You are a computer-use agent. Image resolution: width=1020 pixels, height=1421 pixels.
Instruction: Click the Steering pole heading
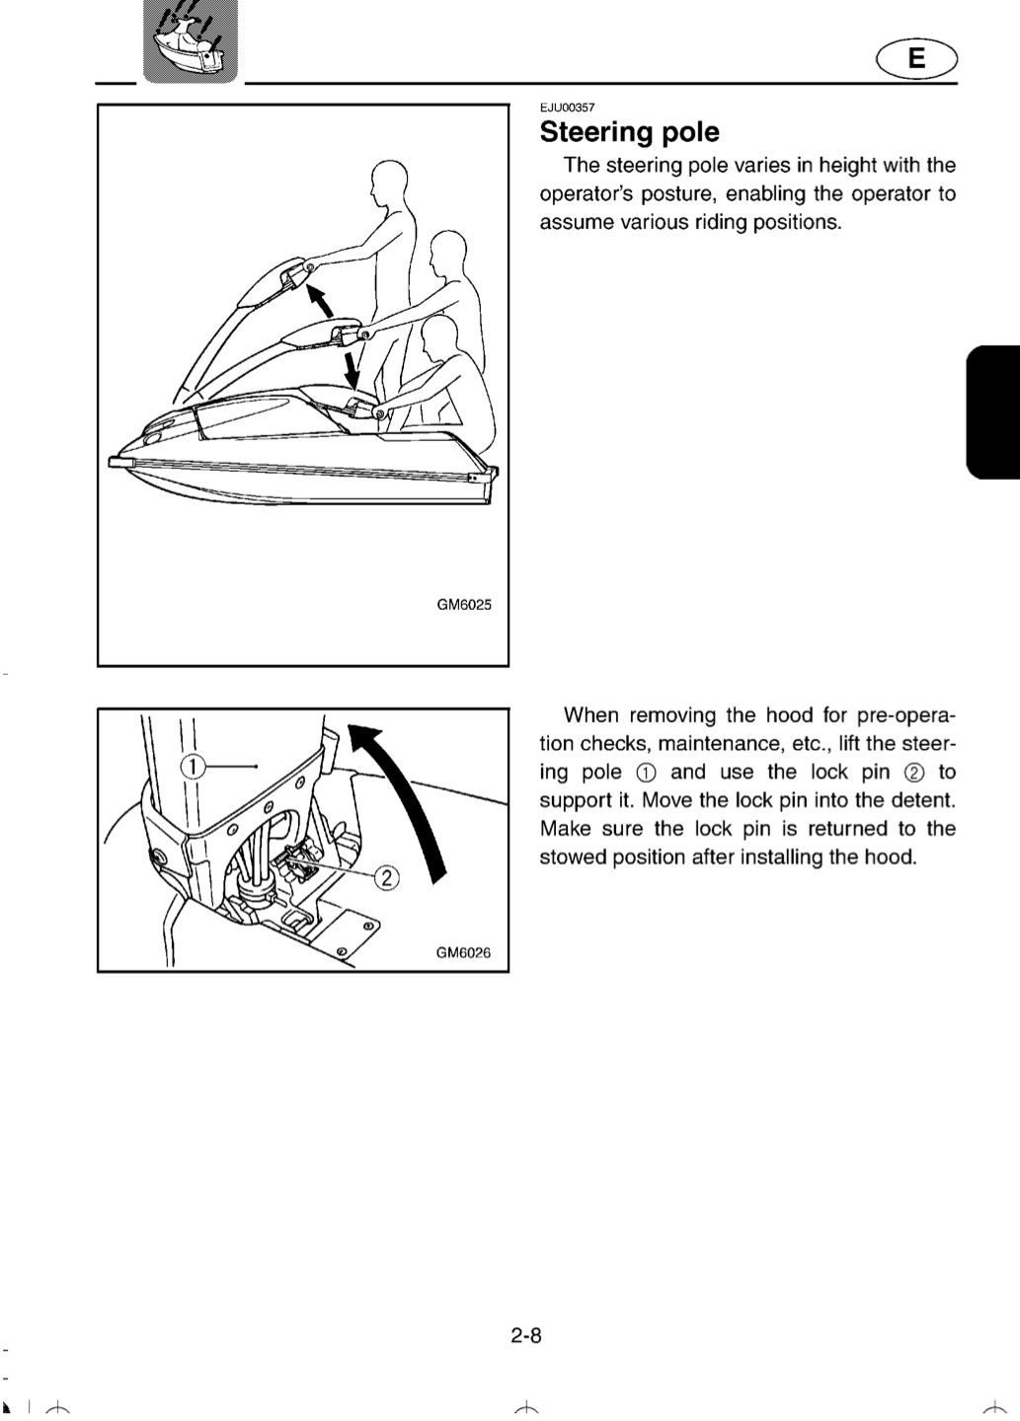click(x=630, y=132)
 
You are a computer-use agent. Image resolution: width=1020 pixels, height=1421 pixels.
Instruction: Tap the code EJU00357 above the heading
click(x=568, y=108)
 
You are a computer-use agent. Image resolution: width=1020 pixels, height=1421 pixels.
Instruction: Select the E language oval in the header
click(x=916, y=58)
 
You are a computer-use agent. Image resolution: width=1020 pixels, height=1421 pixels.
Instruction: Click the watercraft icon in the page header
click(x=191, y=41)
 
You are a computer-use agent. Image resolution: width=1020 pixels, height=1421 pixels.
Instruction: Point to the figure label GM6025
click(x=464, y=605)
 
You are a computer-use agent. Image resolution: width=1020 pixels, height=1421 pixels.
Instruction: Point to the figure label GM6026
click(x=463, y=953)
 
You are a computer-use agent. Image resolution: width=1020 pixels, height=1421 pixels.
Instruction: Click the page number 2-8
click(x=526, y=1335)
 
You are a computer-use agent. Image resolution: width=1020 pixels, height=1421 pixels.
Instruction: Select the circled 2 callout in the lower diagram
click(x=387, y=878)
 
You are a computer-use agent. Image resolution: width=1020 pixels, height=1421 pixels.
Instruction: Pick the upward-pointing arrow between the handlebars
click(x=319, y=301)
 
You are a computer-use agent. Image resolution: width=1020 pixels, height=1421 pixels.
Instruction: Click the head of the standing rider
click(x=388, y=177)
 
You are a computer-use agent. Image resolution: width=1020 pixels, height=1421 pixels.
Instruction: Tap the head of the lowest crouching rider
click(x=439, y=335)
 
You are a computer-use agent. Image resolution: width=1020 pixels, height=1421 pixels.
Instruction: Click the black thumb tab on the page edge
click(x=993, y=411)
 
